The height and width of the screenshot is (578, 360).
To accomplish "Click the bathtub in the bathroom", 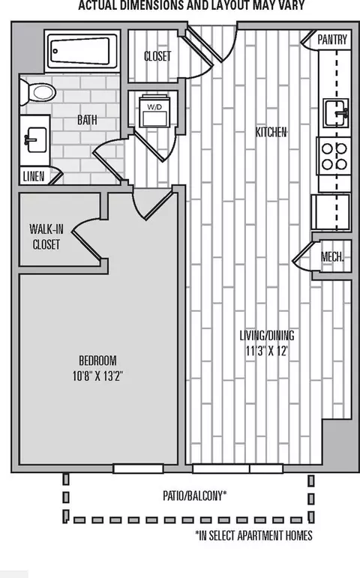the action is pyautogui.click(x=82, y=51).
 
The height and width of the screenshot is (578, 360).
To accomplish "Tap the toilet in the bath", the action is pyautogui.click(x=37, y=91).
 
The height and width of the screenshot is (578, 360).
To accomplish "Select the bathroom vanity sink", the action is pyautogui.click(x=35, y=140).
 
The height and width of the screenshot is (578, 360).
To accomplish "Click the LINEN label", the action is pyautogui.click(x=34, y=177).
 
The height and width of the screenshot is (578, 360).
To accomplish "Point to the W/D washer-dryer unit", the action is pyautogui.click(x=154, y=111).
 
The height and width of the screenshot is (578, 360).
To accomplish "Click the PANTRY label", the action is pyautogui.click(x=332, y=40).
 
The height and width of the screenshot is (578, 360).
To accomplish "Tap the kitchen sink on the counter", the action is pyautogui.click(x=336, y=112).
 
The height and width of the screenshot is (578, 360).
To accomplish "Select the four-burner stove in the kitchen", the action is pyautogui.click(x=334, y=156).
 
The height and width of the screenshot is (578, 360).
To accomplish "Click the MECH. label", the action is pyautogui.click(x=332, y=256).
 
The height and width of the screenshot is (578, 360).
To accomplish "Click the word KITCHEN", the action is pyautogui.click(x=271, y=132).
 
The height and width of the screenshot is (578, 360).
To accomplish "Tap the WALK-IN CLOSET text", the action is pyautogui.click(x=46, y=237).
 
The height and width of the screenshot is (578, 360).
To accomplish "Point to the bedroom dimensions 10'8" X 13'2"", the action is pyautogui.click(x=97, y=376).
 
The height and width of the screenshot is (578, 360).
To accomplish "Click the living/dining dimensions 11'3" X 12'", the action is pyautogui.click(x=267, y=351).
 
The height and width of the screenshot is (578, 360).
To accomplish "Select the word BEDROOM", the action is pyautogui.click(x=97, y=360).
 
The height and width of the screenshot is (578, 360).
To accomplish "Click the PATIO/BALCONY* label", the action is pyautogui.click(x=195, y=496).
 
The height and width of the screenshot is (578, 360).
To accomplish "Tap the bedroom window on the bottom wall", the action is pyautogui.click(x=138, y=469).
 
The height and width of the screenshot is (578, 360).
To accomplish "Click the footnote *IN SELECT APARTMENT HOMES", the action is pyautogui.click(x=253, y=535).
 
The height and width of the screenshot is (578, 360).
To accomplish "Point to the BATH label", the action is pyautogui.click(x=87, y=120).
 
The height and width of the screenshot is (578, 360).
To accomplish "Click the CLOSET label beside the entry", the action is pyautogui.click(x=157, y=56).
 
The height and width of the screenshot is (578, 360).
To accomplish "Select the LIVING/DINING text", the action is pyautogui.click(x=267, y=335).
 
